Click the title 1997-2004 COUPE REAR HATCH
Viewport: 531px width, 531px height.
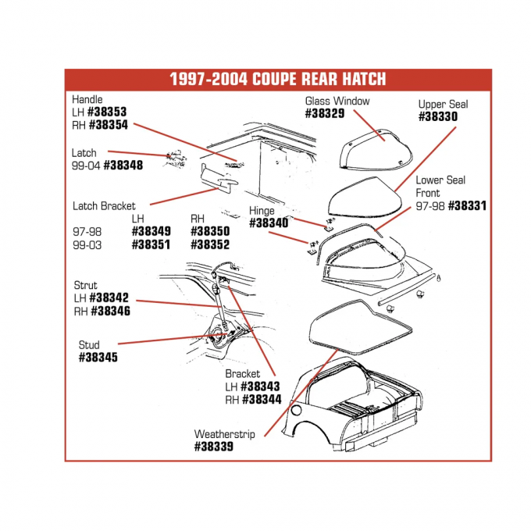point(277,80)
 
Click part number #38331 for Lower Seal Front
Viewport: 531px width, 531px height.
point(467,206)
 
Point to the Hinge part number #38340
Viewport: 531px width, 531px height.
point(269,223)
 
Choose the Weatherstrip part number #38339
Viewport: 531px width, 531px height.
point(213,447)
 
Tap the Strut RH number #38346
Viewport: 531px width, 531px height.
point(109,311)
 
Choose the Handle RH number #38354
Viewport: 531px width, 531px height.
point(109,125)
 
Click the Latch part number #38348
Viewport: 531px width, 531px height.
point(123,166)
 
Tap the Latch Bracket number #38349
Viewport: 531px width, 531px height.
point(151,232)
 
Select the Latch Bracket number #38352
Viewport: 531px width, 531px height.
point(210,244)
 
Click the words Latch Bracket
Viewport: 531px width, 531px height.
point(104,206)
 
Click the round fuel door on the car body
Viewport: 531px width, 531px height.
point(296,410)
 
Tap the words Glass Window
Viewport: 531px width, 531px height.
point(337,101)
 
